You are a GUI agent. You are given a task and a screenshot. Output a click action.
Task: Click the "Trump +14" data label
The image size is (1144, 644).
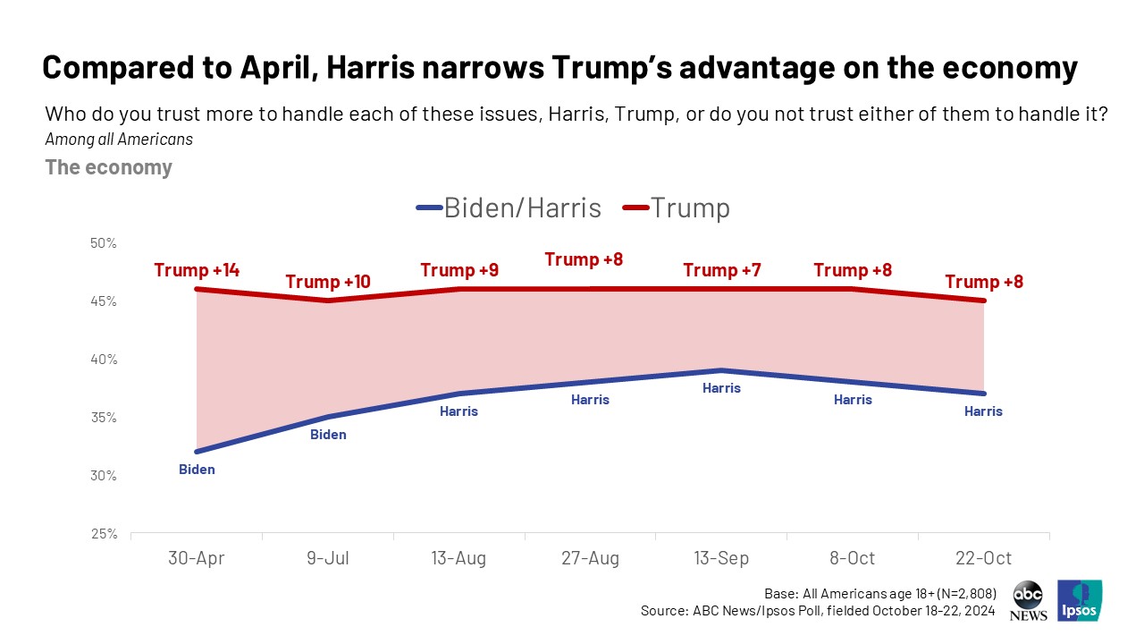click(197, 269)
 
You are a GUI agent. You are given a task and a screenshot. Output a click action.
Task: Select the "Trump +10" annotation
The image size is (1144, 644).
click(327, 282)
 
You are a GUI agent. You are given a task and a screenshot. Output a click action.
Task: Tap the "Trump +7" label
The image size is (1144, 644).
click(721, 269)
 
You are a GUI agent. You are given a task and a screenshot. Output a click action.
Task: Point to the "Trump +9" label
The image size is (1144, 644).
click(458, 269)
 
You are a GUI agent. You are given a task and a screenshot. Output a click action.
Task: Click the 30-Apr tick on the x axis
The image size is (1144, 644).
click(197, 558)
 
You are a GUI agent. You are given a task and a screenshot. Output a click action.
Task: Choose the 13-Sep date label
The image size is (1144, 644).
click(721, 558)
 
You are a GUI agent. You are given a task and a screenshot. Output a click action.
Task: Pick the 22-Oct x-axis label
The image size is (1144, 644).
click(983, 558)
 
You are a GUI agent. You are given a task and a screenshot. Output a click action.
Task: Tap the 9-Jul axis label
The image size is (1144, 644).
click(327, 558)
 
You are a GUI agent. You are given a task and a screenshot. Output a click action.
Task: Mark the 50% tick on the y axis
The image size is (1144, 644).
click(105, 243)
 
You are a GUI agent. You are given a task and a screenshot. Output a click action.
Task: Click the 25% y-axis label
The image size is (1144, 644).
click(105, 534)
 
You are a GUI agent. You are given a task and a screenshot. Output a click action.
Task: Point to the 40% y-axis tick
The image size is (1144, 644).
click(105, 360)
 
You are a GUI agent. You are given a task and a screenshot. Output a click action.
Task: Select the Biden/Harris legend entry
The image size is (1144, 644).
click(509, 208)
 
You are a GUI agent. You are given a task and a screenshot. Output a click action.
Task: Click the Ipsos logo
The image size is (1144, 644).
click(1080, 600)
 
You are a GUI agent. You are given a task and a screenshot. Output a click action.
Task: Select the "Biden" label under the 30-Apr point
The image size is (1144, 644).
click(197, 470)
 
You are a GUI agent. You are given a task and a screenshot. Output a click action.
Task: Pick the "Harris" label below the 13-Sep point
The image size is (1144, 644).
click(721, 388)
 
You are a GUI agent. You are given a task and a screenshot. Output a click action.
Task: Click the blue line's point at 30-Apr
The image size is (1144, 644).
click(197, 452)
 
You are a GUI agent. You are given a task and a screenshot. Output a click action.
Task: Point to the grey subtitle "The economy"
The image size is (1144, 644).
click(108, 167)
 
